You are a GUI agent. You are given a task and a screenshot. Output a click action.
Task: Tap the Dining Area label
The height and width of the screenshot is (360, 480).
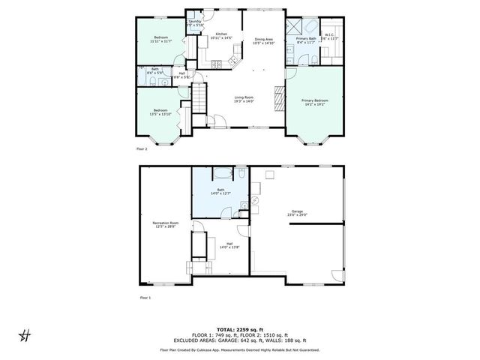[263, 41]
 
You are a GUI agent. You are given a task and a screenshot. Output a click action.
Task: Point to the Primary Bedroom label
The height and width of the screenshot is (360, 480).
[314, 101]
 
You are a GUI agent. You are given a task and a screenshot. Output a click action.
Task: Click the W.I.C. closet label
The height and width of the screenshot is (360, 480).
[329, 37]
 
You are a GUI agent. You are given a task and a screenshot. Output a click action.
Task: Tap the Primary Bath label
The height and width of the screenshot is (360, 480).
[305, 40]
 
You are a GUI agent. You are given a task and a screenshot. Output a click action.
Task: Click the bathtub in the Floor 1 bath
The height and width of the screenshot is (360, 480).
[221, 174]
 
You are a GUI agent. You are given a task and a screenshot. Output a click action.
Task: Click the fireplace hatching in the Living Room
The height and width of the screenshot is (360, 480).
[278, 97]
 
